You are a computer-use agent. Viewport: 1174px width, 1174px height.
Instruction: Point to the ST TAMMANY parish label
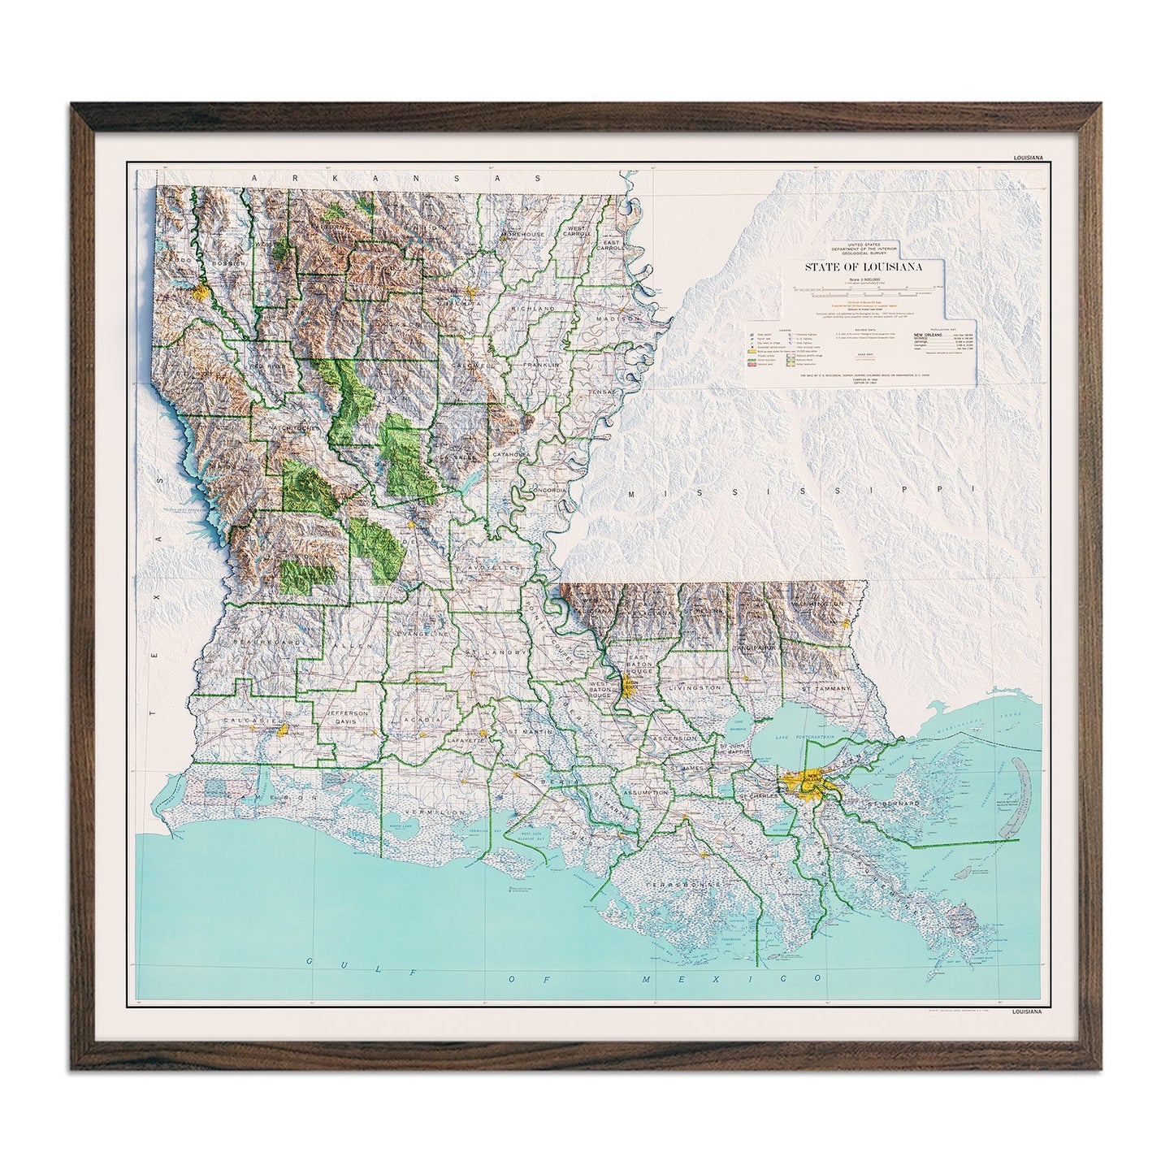click(827, 689)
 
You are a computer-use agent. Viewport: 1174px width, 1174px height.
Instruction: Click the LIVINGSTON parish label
click(695, 688)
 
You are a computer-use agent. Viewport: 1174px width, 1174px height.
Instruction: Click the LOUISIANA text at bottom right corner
click(1025, 1012)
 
